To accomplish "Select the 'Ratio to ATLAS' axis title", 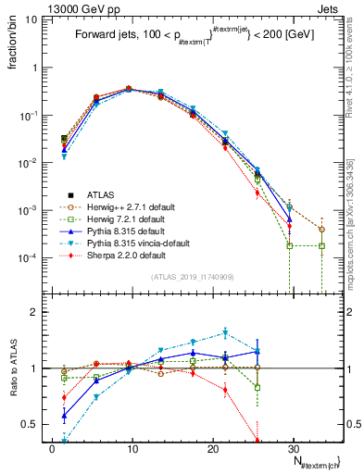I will (12, 371).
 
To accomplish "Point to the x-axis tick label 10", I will (132, 447).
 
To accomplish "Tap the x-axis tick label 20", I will (211, 447).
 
